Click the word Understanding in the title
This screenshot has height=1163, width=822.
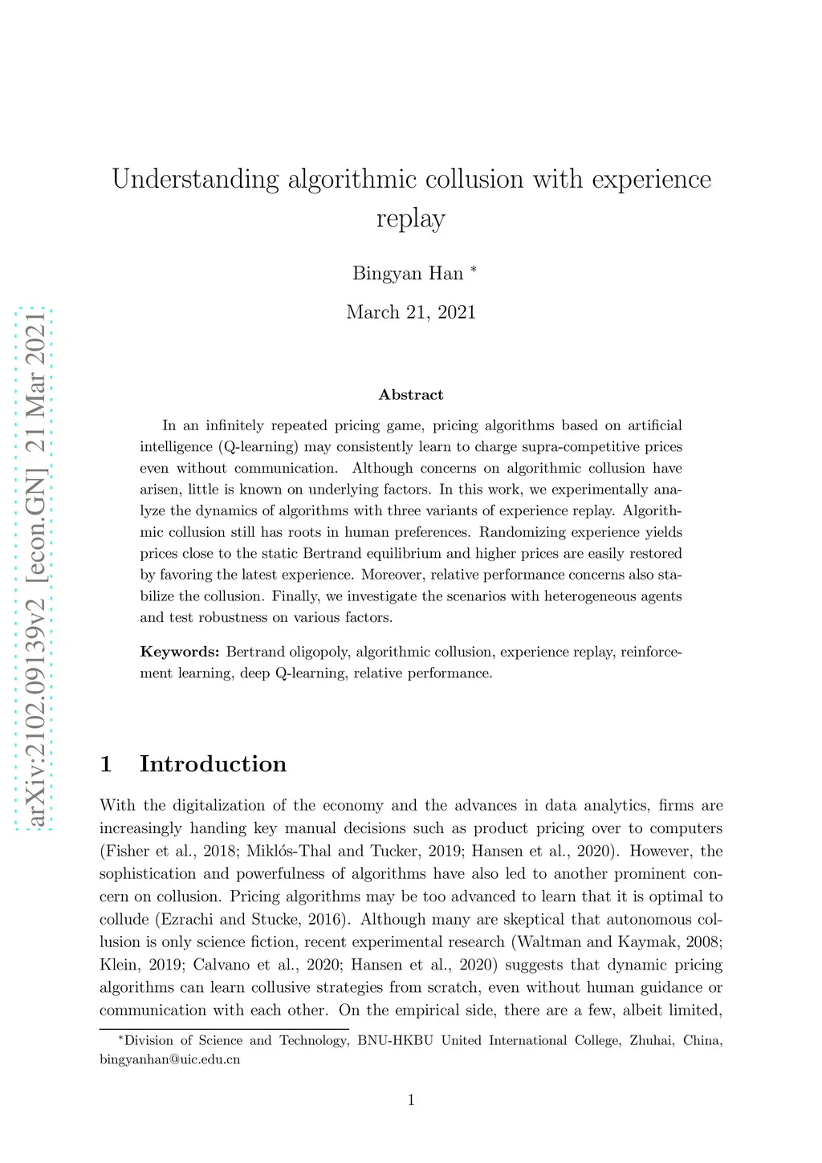195,179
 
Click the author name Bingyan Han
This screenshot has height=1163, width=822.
408,274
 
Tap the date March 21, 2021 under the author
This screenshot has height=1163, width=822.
411,312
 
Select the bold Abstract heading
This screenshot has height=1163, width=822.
411,395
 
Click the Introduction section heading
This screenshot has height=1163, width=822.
213,764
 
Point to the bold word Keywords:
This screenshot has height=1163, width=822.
180,652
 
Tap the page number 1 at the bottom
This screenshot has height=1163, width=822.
411,1100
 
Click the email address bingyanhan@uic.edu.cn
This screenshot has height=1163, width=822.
170,1059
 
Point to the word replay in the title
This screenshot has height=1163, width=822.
411,219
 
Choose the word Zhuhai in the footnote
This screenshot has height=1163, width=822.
651,1041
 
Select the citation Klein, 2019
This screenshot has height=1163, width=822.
141,966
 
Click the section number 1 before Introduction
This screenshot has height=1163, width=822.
106,764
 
